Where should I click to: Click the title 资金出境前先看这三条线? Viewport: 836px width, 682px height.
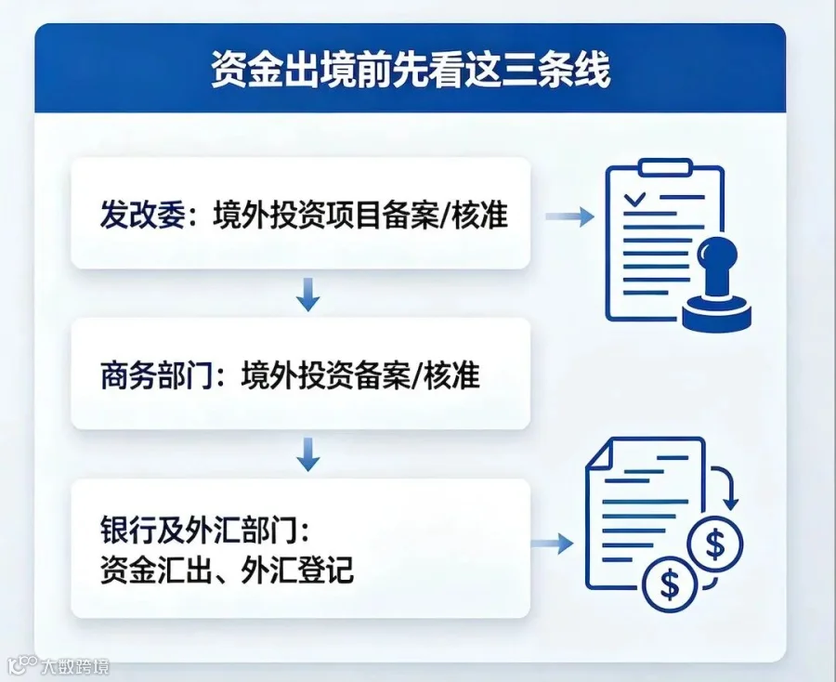[411, 70]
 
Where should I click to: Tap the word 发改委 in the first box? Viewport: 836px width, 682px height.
[142, 215]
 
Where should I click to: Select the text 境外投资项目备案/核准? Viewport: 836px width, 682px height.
[360, 215]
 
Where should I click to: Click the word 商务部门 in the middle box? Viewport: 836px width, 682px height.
[157, 375]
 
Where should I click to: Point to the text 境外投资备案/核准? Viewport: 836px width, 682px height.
[360, 375]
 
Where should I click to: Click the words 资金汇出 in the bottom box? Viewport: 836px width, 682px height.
[156, 570]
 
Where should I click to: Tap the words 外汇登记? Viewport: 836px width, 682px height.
[297, 570]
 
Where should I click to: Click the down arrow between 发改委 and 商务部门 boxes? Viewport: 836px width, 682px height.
[307, 295]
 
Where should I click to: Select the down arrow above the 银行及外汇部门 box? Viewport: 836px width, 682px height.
[307, 454]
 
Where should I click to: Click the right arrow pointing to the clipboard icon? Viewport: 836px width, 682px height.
[569, 216]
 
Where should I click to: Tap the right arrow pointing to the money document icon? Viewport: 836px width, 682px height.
[552, 544]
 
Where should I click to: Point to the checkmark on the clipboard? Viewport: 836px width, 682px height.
[634, 200]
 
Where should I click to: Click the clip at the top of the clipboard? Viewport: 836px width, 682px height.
[665, 167]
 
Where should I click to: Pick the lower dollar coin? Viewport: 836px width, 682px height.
[670, 584]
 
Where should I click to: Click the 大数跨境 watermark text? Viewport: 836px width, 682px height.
[74, 666]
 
